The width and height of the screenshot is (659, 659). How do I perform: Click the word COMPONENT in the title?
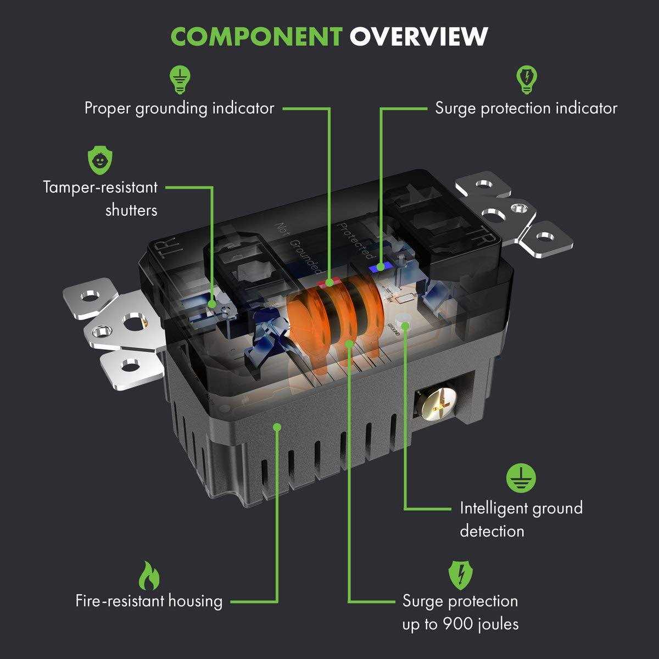pos(256,36)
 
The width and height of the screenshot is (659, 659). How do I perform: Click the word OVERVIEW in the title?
pos(419,36)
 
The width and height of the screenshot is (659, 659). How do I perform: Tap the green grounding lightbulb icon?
pos(178,80)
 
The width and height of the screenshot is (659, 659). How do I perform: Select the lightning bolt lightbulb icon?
pos(526,80)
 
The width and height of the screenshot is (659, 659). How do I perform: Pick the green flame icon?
pos(148,574)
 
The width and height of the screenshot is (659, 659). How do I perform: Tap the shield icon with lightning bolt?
pos(460,574)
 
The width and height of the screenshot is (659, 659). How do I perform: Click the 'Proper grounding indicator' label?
pos(179,108)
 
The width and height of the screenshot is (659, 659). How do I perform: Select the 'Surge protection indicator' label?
pos(526,108)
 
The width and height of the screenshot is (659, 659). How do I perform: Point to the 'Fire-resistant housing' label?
pos(149,601)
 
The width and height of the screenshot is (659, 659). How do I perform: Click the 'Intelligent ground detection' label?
pos(521,520)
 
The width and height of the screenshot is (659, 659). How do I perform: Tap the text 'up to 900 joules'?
pos(460,624)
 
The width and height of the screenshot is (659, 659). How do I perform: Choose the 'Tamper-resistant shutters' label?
pos(100,199)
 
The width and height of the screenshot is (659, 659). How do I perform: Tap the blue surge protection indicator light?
pos(378,268)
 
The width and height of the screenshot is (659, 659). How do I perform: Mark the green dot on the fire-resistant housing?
pos(278,426)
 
